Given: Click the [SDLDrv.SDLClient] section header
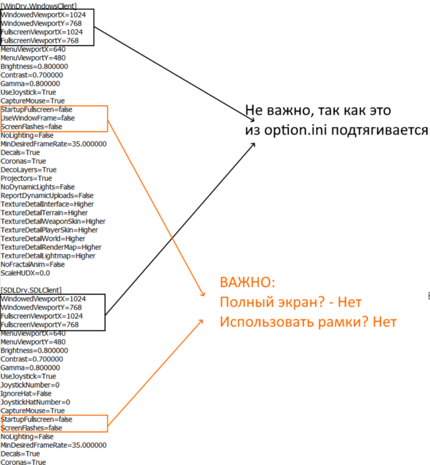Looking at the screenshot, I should tap(31, 290).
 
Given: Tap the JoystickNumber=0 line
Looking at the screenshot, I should tap(30, 384).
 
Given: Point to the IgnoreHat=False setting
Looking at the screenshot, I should tap(25, 393).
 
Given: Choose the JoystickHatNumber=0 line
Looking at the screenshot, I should tap(35, 402).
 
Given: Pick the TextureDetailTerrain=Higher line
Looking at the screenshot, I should tap(44, 212).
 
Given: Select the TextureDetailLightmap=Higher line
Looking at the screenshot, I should tap(48, 255).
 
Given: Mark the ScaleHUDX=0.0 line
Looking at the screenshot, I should tap(25, 273).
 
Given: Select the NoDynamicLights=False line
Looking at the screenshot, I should tap(38, 187).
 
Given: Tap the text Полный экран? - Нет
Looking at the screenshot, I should tap(290, 303).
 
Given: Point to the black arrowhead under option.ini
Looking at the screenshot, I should tap(253, 144).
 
